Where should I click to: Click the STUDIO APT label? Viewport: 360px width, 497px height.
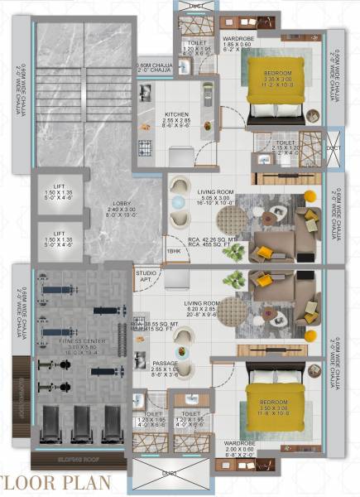click(x=146, y=276)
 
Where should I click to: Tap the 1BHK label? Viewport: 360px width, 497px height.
click(x=175, y=251)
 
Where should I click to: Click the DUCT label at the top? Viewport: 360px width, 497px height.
click(x=195, y=5)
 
